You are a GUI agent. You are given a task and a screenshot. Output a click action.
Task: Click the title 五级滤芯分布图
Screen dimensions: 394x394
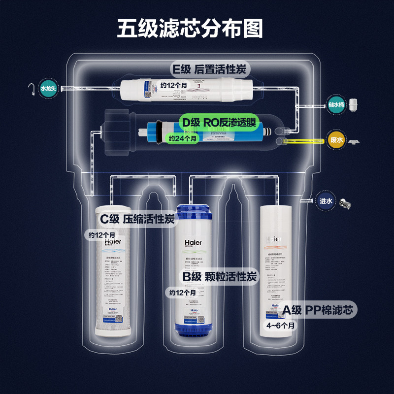pyautogui.click(x=190, y=29)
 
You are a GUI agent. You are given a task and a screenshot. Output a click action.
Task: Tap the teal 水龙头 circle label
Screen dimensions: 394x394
pyautogui.click(x=49, y=88)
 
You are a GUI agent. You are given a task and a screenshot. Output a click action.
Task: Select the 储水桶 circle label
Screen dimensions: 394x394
pyautogui.click(x=334, y=105)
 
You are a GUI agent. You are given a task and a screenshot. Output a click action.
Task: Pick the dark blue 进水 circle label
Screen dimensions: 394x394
pyautogui.click(x=327, y=201)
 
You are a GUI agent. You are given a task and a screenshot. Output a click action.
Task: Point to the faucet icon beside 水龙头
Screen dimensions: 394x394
pyautogui.click(x=32, y=89)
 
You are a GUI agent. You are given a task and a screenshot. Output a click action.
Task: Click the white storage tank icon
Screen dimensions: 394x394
pyautogui.click(x=353, y=104)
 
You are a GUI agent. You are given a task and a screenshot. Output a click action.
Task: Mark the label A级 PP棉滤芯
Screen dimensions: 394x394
pyautogui.click(x=318, y=310)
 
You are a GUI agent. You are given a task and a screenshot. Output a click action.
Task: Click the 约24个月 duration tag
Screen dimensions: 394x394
pyautogui.click(x=183, y=139)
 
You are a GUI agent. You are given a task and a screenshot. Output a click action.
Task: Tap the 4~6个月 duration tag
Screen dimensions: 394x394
pyautogui.click(x=281, y=326)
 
